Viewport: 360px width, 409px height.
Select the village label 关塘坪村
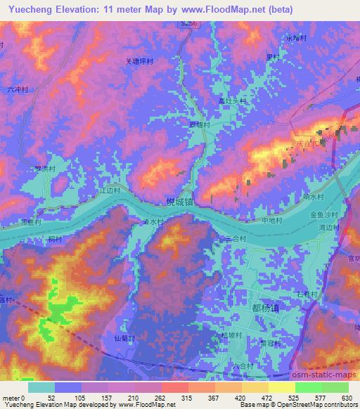(x=140, y=61)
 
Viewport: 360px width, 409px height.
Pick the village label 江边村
(x=112, y=190)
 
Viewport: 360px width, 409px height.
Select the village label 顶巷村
(x=32, y=221)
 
